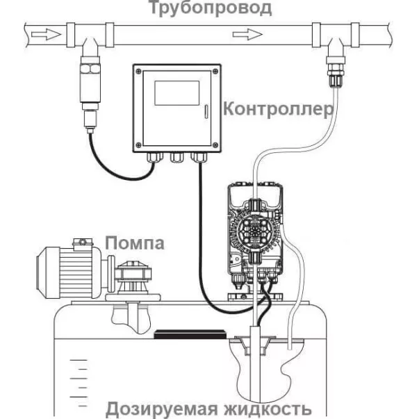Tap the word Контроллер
coord(274,110)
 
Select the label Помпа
coord(135,243)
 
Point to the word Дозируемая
coord(164,407)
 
